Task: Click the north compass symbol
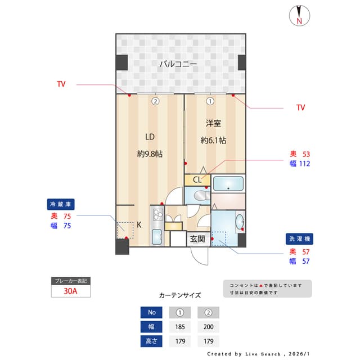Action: [299, 16]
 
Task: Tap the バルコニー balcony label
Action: [178, 64]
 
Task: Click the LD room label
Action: [150, 137]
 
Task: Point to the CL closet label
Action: [197, 180]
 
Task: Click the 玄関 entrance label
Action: [197, 238]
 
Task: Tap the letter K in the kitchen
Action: [139, 224]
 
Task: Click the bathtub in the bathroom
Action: [228, 184]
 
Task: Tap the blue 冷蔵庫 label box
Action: [61, 204]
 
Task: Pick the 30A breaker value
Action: [71, 291]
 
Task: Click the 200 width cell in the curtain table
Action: [208, 327]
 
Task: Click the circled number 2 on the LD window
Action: [155, 102]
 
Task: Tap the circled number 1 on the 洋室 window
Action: [209, 102]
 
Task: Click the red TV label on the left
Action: [61, 84]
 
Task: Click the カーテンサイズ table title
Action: [179, 295]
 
